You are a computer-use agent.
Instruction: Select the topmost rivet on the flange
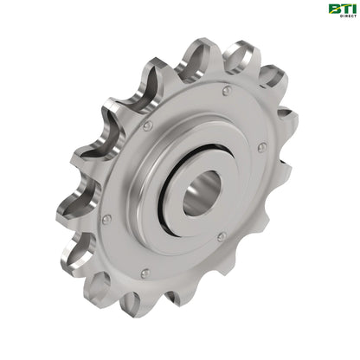[x=226, y=90]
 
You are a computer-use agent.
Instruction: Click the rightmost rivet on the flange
[x=261, y=148]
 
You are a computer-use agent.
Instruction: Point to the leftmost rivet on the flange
[x=106, y=219]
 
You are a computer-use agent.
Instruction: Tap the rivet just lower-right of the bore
[x=222, y=235]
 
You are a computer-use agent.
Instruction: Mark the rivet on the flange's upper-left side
[x=148, y=126]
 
